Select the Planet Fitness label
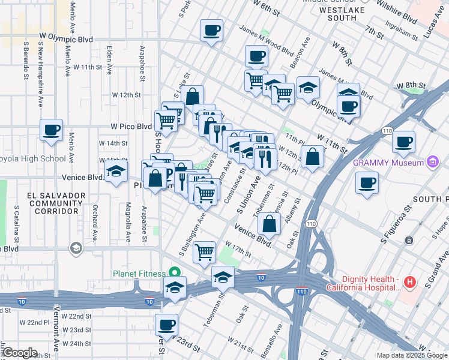138,274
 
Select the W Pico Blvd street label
131,127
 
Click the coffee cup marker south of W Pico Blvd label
51,130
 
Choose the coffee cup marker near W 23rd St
167,325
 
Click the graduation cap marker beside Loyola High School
116,172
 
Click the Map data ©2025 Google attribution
411,355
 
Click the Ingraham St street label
402,26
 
